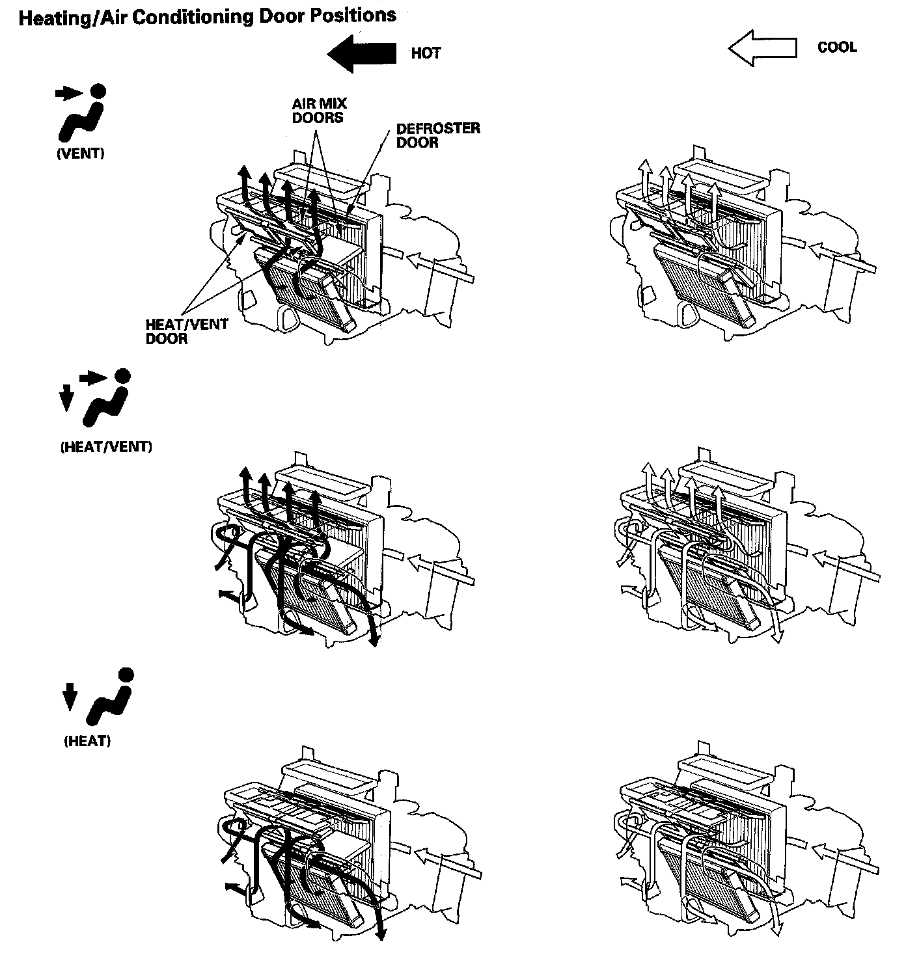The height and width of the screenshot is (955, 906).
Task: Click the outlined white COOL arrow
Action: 762,48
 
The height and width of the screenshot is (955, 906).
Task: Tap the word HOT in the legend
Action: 426,53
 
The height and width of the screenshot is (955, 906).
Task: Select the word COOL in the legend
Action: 837,47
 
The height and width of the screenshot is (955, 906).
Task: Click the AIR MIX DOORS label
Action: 319,111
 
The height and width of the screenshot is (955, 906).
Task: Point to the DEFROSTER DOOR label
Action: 438,135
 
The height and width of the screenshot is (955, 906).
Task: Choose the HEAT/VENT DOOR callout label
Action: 187,331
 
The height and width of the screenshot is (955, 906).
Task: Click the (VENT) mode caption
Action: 80,154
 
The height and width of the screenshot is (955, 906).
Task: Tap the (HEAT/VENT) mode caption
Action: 106,447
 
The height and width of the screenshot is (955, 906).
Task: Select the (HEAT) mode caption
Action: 87,741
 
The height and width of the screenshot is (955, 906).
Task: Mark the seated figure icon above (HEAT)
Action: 111,697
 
